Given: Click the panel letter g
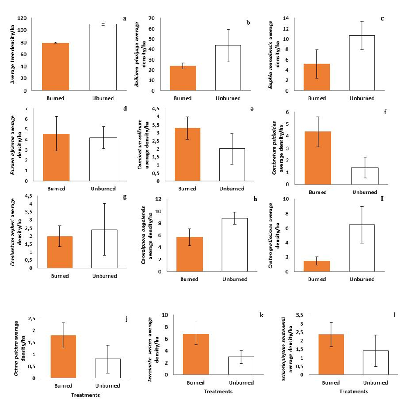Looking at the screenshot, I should point(124,197).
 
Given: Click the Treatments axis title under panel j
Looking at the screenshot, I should point(86,395).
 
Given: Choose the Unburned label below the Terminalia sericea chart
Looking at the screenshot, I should point(241,382).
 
